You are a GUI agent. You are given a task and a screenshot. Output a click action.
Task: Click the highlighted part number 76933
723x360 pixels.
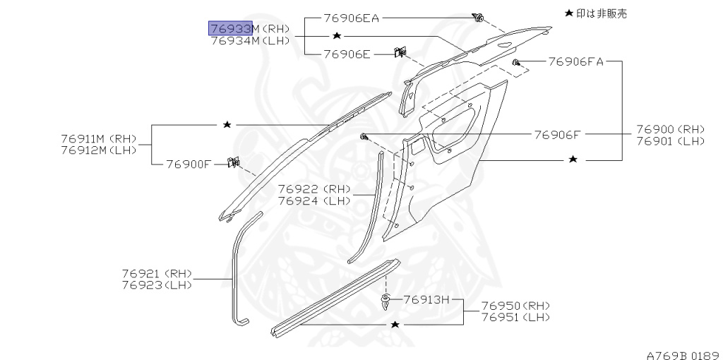230,28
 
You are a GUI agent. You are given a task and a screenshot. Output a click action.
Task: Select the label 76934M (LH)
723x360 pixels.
250,40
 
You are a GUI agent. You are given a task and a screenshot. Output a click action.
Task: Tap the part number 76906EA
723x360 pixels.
352,18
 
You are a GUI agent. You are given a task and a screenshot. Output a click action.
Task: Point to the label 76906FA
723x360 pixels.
575,62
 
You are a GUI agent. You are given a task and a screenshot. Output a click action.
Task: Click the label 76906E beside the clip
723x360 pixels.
347,53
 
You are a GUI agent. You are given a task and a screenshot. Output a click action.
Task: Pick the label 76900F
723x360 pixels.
189,164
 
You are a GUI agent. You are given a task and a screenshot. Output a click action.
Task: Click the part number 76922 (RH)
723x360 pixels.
313,188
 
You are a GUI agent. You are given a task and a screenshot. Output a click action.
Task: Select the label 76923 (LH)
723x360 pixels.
156,284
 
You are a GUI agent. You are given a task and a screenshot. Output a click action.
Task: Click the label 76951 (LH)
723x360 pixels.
515,317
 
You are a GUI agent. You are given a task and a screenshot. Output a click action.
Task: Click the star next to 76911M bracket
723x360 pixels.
227,124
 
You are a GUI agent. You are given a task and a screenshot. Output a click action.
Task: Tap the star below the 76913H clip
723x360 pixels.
395,324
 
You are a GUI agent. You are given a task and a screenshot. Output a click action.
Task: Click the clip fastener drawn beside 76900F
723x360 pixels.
231,164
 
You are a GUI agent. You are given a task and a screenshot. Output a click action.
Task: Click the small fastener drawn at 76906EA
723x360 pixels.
479,18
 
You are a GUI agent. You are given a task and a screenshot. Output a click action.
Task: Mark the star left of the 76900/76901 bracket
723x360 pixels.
573,160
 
